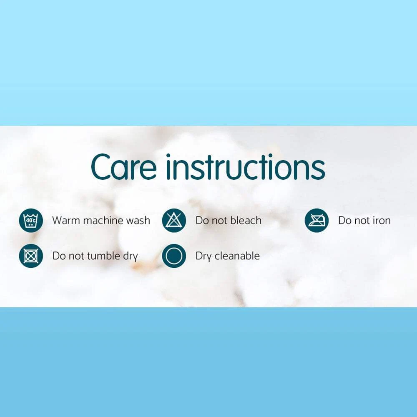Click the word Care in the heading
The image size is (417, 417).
tap(124, 167)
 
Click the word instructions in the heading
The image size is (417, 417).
tap(246, 166)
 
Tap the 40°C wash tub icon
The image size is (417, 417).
tap(31, 221)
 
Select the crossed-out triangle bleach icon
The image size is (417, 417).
tap(174, 221)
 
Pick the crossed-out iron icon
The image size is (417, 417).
tap(317, 221)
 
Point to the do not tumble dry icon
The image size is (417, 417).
tap(31, 256)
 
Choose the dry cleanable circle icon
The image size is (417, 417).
tap(174, 256)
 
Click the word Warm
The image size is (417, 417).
tap(66, 221)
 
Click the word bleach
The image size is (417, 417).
tap(246, 220)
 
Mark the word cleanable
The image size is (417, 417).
tap(237, 256)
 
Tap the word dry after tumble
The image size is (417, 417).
tap(131, 256)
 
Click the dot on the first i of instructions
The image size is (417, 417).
tap(168, 156)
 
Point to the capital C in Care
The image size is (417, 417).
tap(101, 167)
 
